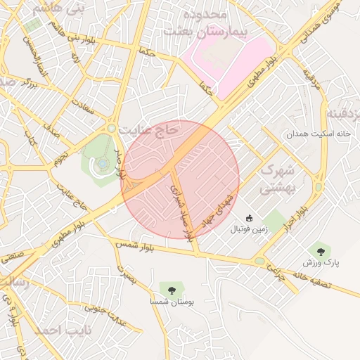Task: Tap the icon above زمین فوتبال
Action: click(249, 218)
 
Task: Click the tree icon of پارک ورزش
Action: click(321, 250)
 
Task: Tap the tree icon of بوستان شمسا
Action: click(170, 288)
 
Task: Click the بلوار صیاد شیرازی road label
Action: click(181, 211)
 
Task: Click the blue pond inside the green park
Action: click(103, 163)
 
